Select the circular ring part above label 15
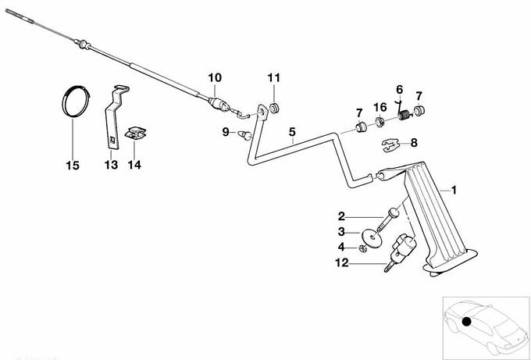pyautogui.click(x=74, y=102)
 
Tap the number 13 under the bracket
pyautogui.click(x=111, y=165)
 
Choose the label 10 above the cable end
pyautogui.click(x=215, y=77)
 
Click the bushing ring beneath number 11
pyautogui.click(x=275, y=107)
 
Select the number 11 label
pyautogui.click(x=273, y=77)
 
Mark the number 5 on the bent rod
pyautogui.click(x=292, y=132)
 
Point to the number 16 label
pyautogui.click(x=380, y=106)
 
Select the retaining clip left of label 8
pyautogui.click(x=394, y=144)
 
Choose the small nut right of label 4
pyautogui.click(x=364, y=248)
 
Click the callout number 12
pyautogui.click(x=341, y=264)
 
